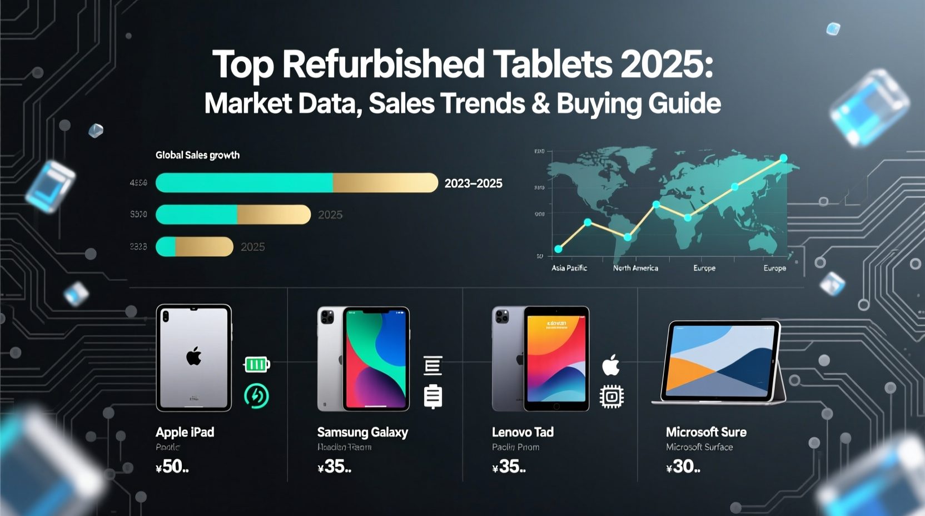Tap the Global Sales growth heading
tap(197, 155)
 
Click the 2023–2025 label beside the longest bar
tap(473, 183)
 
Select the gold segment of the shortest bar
tap(204, 247)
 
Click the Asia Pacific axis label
tap(569, 268)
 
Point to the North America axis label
tap(635, 268)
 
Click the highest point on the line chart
tap(783, 158)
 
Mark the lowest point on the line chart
tap(558, 249)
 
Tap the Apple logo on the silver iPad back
tap(193, 356)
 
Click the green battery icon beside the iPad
tap(256, 365)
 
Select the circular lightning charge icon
tap(256, 396)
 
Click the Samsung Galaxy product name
tap(362, 432)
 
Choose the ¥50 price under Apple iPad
tap(172, 467)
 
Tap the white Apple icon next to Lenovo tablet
tap(611, 365)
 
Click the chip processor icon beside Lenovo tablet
tap(611, 396)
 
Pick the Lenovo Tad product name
tap(523, 432)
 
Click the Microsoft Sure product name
tap(706, 432)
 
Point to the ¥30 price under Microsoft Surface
tap(683, 467)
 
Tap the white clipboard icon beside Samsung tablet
tap(432, 396)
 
